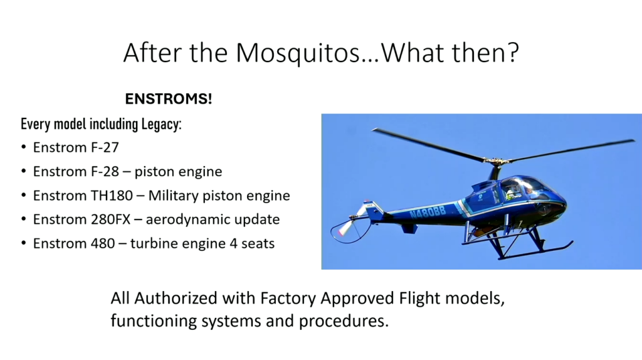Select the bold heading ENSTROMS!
click(x=169, y=98)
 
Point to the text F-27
click(x=105, y=147)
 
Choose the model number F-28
click(x=105, y=171)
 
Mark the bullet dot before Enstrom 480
click(x=24, y=243)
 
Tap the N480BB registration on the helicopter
click(x=428, y=211)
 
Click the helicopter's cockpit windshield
click(x=528, y=189)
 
